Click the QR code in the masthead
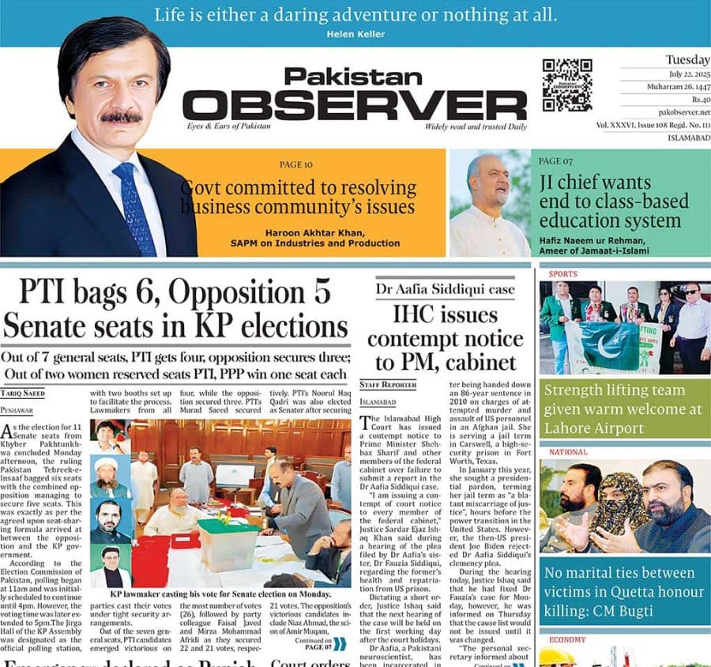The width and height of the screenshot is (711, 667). tap(567, 85)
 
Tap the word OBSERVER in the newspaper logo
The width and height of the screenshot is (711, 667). tap(355, 104)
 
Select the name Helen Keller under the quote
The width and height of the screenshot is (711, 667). tap(355, 34)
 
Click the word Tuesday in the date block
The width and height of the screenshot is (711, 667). tap(687, 60)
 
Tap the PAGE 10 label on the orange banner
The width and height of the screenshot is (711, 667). tap(296, 164)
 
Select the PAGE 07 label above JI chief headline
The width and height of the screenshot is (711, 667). tap(555, 161)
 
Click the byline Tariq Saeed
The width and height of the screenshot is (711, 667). tap(22, 393)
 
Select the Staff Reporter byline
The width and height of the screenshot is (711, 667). tap(388, 385)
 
